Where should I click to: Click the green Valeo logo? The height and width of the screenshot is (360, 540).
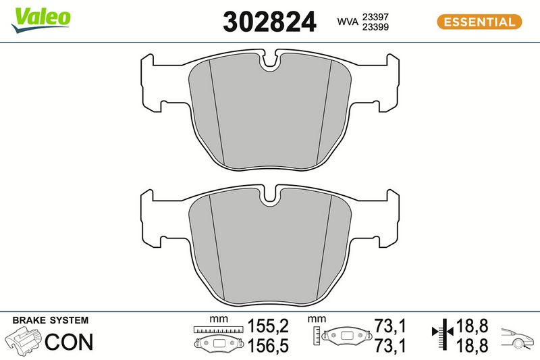(40, 20)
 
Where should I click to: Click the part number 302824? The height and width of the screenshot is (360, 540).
(269, 22)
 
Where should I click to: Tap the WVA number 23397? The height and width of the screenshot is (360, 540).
(375, 17)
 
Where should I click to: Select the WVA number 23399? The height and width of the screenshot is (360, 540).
(375, 27)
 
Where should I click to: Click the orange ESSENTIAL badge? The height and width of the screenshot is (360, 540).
(479, 22)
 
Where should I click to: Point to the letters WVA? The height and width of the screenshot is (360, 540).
(348, 22)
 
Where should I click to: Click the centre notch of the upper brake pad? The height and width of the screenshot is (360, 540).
(271, 61)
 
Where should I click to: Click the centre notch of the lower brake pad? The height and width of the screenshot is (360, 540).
(271, 197)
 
